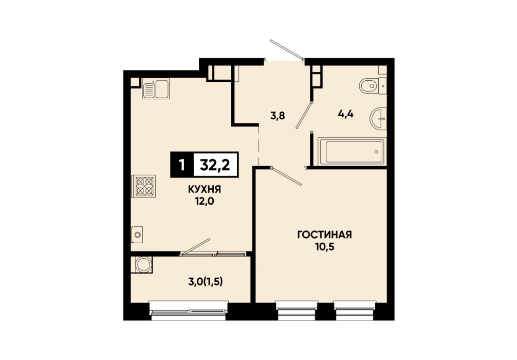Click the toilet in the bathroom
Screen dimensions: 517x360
[x=373, y=86]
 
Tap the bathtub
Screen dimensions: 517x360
[x=352, y=152]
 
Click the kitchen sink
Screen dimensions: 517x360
[x=156, y=88]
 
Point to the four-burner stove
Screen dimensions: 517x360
[x=144, y=186]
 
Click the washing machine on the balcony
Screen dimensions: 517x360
[x=142, y=265]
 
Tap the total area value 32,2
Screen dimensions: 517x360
[x=215, y=165]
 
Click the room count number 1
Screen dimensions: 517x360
[x=181, y=165]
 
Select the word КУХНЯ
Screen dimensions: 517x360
[x=205, y=189]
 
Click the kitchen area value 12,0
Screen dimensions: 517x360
[x=205, y=201]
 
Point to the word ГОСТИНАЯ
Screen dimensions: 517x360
[x=325, y=235]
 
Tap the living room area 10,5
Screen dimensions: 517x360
[x=325, y=246]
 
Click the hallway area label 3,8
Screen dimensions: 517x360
[x=278, y=116]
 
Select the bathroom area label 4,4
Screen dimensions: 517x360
[x=345, y=114]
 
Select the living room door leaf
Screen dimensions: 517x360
[x=286, y=176]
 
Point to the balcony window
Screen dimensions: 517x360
[x=188, y=311]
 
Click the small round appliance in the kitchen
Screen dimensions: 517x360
[x=137, y=235]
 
